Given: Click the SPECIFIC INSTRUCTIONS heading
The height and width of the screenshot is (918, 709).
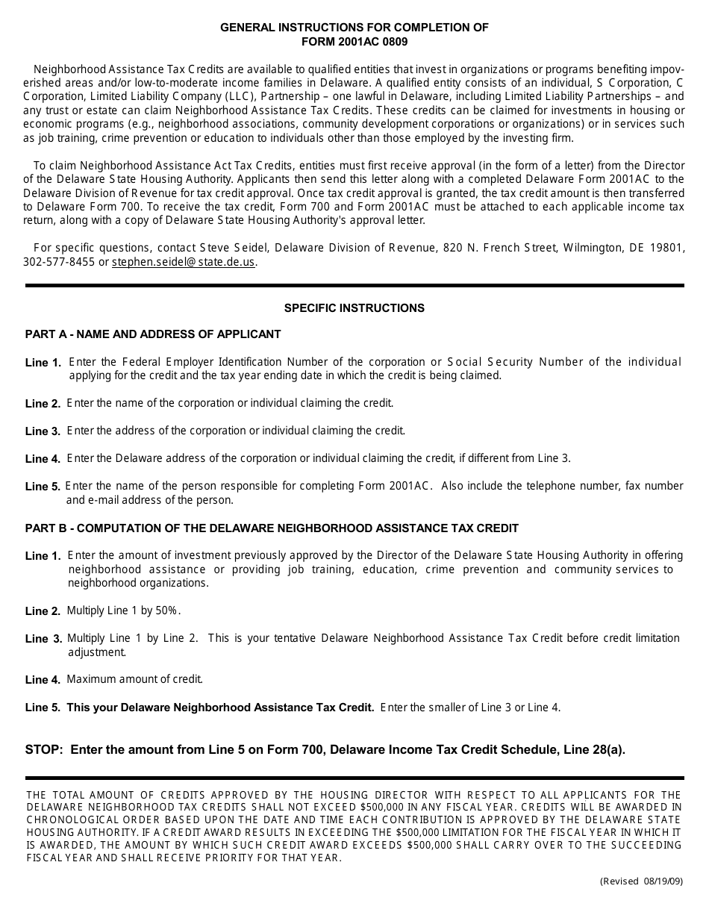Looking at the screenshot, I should [x=354, y=307].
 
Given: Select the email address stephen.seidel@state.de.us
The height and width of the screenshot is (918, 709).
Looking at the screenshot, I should [x=184, y=262].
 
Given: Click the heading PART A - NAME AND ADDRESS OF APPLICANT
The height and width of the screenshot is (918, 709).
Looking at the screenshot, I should [x=153, y=334].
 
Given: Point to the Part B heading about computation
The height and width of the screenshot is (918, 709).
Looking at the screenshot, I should [x=272, y=528].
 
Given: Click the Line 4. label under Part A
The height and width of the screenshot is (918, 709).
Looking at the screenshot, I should [x=43, y=459].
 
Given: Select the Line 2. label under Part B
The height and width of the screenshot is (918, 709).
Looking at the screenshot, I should [x=43, y=611].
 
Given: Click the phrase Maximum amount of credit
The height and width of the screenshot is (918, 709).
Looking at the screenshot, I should [x=134, y=679].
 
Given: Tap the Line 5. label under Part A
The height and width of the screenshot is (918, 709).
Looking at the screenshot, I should [x=43, y=487].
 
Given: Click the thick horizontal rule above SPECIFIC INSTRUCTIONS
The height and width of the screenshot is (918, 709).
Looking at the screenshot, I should [x=354, y=285].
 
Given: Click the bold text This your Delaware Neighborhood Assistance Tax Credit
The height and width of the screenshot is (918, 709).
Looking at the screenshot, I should [x=220, y=708].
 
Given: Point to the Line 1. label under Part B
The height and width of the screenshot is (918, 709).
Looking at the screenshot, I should [x=43, y=556].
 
